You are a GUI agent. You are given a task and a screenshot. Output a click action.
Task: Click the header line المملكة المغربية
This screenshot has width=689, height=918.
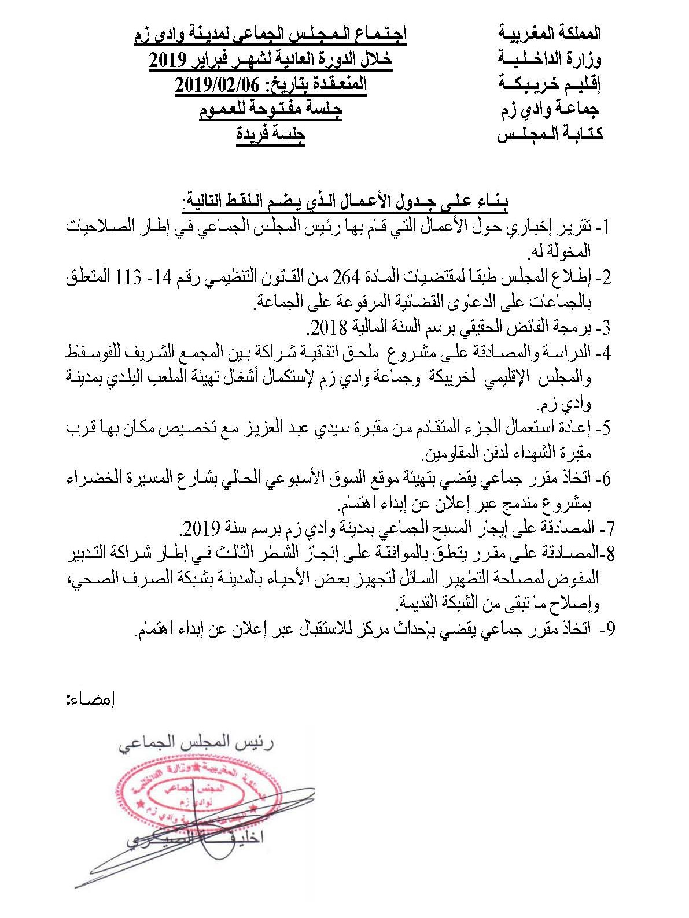tap(550, 33)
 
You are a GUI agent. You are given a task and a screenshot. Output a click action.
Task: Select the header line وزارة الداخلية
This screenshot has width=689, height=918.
tap(550, 58)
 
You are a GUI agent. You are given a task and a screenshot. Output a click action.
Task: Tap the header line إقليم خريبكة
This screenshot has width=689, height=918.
tap(550, 84)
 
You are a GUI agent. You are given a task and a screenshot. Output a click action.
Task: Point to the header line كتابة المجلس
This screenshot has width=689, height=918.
tap(550, 135)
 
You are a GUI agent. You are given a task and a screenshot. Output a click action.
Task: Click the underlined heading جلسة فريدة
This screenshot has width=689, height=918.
tap(270, 135)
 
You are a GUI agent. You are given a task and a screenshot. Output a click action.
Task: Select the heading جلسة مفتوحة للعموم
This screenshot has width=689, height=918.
tap(271, 110)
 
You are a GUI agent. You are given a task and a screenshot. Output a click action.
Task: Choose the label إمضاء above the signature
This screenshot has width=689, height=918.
tap(91, 699)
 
